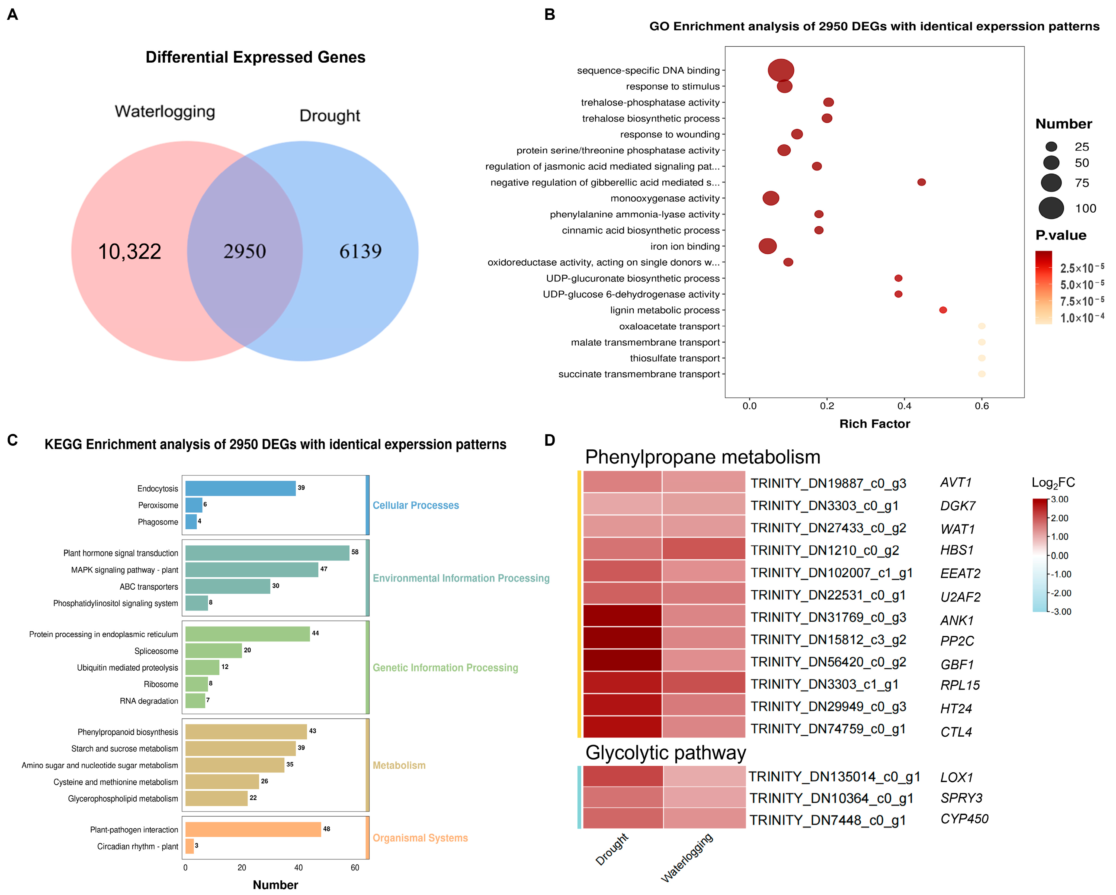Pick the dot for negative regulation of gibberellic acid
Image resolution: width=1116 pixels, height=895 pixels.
click(921, 182)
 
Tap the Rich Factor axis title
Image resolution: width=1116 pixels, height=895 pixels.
click(874, 424)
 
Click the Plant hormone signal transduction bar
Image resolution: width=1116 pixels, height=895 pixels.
click(267, 553)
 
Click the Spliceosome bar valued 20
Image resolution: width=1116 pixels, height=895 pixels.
click(213, 651)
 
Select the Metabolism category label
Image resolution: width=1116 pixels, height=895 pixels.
click(399, 765)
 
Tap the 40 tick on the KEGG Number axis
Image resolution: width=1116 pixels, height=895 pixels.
click(298, 868)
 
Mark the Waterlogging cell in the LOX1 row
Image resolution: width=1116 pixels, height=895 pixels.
click(704, 776)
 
